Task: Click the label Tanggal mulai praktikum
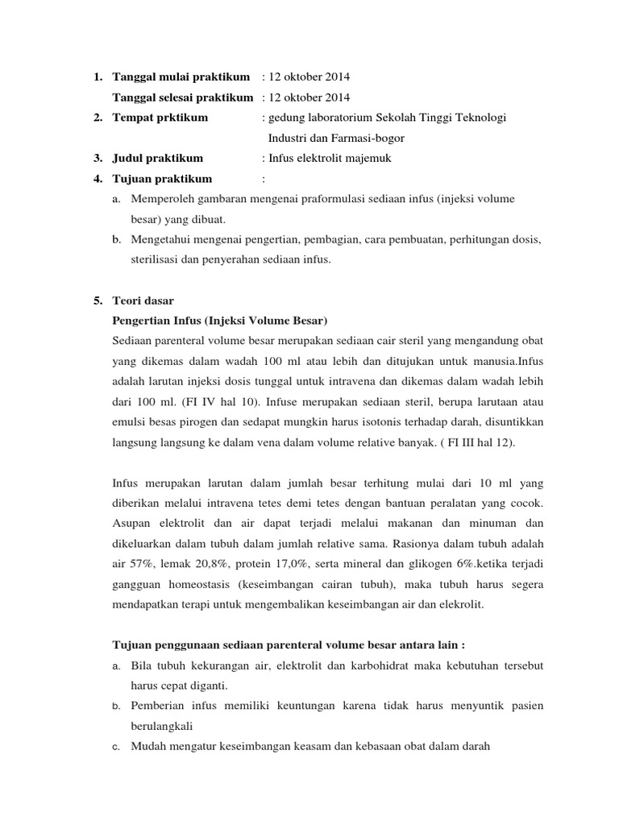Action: coord(181,77)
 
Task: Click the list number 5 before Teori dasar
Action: coord(97,301)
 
